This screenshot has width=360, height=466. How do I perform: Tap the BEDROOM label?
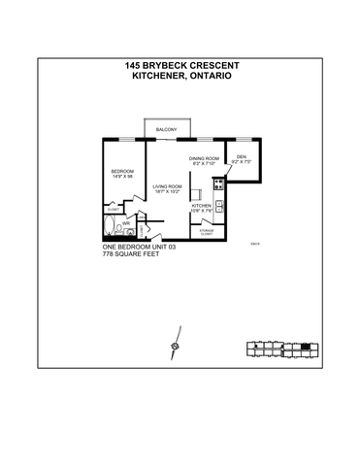tap(122, 171)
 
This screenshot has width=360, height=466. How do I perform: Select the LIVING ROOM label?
tap(168, 186)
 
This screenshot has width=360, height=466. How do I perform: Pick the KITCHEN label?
tap(202, 206)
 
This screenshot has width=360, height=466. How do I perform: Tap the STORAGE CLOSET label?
tap(206, 232)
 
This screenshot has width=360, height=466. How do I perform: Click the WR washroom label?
tap(126, 221)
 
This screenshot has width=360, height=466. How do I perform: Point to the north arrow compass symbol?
tap(175, 346)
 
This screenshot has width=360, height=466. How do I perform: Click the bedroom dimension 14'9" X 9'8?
tap(122, 177)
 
